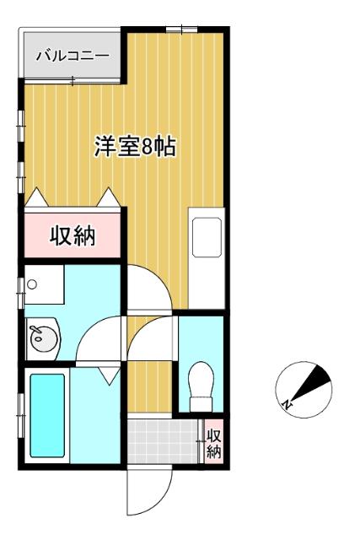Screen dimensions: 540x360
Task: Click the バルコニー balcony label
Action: pos(72,57)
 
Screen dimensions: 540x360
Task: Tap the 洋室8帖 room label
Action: pos(134,147)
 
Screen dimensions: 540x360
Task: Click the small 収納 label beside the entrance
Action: pos(214,444)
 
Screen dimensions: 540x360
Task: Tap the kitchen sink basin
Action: pos(207,237)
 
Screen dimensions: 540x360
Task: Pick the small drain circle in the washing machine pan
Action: pos(32,284)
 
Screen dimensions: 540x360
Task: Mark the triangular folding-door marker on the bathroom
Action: pos(109,377)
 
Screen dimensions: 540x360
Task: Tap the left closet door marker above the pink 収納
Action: pos(37,197)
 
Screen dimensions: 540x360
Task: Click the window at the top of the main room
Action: pos(177,30)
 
